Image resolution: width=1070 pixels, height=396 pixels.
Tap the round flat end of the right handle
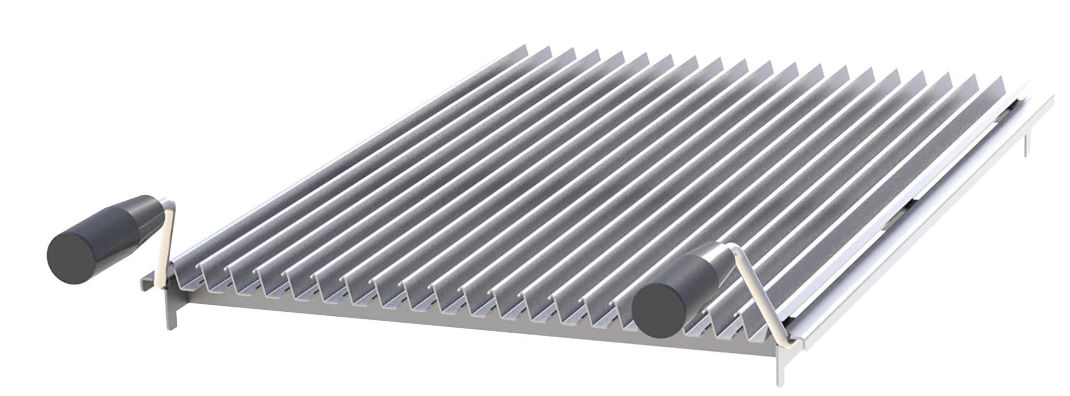pyautogui.click(x=658, y=309)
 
